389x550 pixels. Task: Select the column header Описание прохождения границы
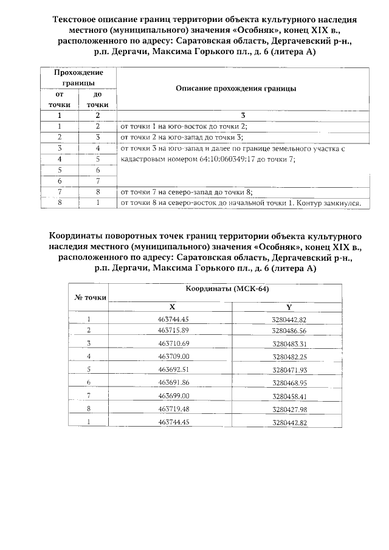235,88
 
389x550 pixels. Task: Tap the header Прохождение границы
78,77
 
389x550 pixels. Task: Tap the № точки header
91,297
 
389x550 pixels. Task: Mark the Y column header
289,307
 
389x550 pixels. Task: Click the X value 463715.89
174,330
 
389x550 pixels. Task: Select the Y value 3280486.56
289,331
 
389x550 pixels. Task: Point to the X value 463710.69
174,343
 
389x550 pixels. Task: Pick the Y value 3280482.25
289,356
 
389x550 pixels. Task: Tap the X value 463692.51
174,369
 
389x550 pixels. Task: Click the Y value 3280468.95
289,382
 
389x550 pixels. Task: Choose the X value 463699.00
174,395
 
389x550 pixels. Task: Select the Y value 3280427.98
289,409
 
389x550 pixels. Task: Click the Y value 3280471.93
289,370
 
